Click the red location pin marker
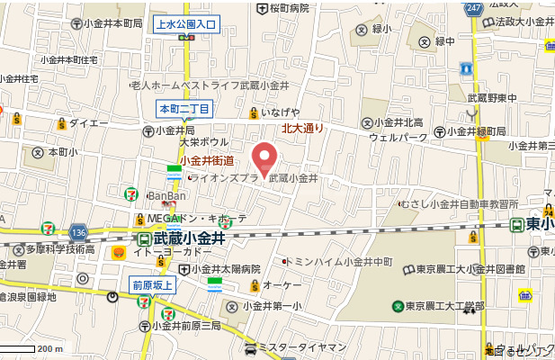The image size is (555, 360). [263, 158]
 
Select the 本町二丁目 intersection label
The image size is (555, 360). [184, 110]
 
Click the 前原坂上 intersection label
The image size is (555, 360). [153, 285]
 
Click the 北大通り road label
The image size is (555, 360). [302, 129]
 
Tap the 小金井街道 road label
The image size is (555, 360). [207, 161]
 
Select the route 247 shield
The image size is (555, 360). [474, 7]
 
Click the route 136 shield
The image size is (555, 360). [78, 231]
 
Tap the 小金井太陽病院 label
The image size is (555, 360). [224, 268]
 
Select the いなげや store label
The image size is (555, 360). [280, 112]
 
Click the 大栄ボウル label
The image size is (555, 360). [202, 142]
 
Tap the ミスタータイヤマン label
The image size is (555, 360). [301, 347]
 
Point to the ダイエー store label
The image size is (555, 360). [88, 122]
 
